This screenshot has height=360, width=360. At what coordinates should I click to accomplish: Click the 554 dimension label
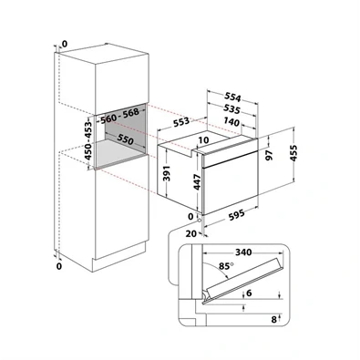pos(232,98)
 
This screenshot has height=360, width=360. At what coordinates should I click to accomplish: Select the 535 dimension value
pos(231,108)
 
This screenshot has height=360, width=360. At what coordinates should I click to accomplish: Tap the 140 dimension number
pos(231,122)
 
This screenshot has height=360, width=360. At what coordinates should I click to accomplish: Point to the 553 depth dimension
pos(181,122)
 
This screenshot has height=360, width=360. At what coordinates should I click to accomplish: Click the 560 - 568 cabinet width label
pos(119,116)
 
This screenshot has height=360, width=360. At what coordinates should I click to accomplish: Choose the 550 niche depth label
pos(126,140)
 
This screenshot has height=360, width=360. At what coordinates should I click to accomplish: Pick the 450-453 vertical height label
pos(88,140)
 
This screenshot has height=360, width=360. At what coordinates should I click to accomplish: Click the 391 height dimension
pos(167,173)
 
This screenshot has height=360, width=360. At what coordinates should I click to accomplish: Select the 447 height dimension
pos(198,182)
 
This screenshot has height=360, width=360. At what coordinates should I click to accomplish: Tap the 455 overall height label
pos(293,154)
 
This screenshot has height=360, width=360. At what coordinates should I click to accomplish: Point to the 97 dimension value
pos(269,155)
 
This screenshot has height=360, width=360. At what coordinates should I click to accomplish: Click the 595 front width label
pos(236,214)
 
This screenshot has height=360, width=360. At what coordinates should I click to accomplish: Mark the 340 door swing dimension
pos(243,252)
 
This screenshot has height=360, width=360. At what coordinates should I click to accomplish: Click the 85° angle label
pos(226,266)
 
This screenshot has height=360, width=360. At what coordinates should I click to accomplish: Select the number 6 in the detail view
pos(249,293)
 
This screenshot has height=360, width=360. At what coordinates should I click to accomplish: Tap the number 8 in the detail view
pos(274,320)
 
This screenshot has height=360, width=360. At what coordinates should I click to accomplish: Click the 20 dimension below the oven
pos(190,233)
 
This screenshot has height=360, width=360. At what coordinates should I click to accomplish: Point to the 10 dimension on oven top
pos(204,140)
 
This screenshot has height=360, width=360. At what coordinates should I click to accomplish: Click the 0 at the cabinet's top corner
pos(65,45)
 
